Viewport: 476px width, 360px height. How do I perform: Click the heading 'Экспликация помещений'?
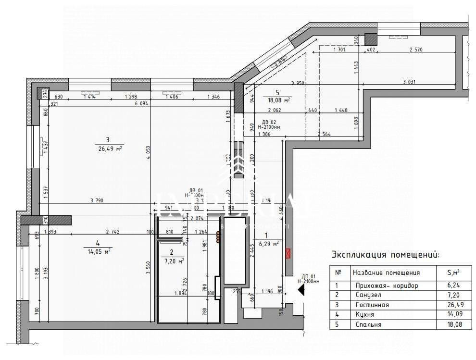[385, 255]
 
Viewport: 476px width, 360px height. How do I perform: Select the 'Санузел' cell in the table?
[368, 295]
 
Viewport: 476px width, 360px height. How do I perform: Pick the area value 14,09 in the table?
[453, 315]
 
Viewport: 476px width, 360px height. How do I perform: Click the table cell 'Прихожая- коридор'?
[385, 286]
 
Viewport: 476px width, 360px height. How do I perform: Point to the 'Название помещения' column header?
[386, 273]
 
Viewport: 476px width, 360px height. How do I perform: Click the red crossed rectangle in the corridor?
[288, 253]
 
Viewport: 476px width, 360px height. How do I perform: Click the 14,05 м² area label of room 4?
[98, 250]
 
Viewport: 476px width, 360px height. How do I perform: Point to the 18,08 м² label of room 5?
[277, 99]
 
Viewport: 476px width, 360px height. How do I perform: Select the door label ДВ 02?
[268, 122]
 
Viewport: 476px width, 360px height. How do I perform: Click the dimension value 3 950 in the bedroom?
[299, 83]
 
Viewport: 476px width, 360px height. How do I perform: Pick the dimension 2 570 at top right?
[415, 50]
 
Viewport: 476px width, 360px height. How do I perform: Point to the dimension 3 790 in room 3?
[97, 200]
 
